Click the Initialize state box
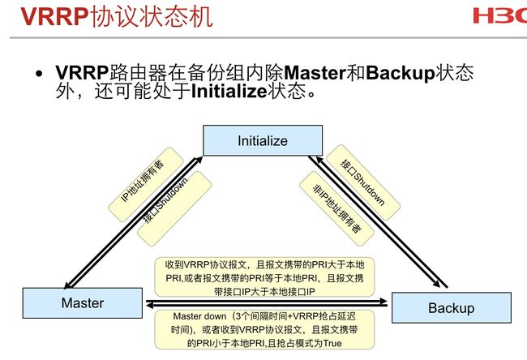click(263, 140)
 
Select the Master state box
click(83, 303)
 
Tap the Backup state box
click(452, 307)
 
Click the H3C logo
click(500, 15)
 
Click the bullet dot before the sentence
click(40, 73)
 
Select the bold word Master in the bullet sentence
click(315, 73)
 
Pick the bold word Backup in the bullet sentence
click(401, 73)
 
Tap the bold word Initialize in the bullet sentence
click(229, 91)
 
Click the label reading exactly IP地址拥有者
click(143, 181)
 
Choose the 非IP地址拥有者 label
click(336, 208)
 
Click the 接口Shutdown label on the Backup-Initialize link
click(362, 182)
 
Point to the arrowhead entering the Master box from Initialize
click(68, 285)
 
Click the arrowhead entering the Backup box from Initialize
click(436, 283)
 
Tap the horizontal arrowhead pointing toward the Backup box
click(383, 301)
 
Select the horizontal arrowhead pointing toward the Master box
click(150, 305)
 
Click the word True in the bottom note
click(332, 343)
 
